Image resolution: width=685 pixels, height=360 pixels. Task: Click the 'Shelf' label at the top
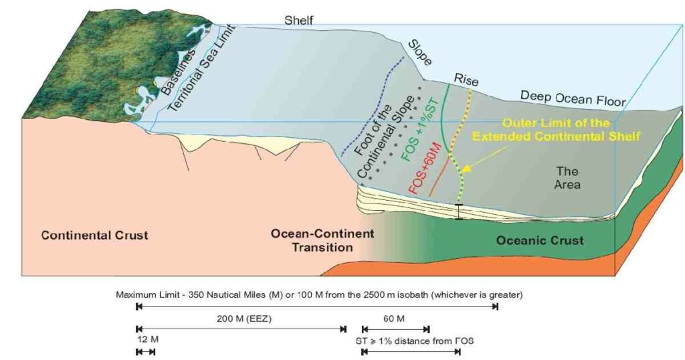click(x=298, y=21)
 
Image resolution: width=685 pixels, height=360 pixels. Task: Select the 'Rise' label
click(x=466, y=80)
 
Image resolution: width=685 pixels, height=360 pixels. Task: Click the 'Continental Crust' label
click(x=94, y=236)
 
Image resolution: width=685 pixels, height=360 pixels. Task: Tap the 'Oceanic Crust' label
click(x=540, y=241)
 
